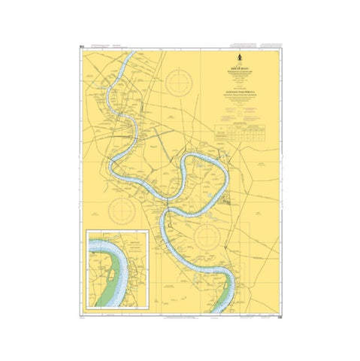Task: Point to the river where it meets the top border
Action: coord(129,52)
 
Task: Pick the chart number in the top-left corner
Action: coord(80,49)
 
